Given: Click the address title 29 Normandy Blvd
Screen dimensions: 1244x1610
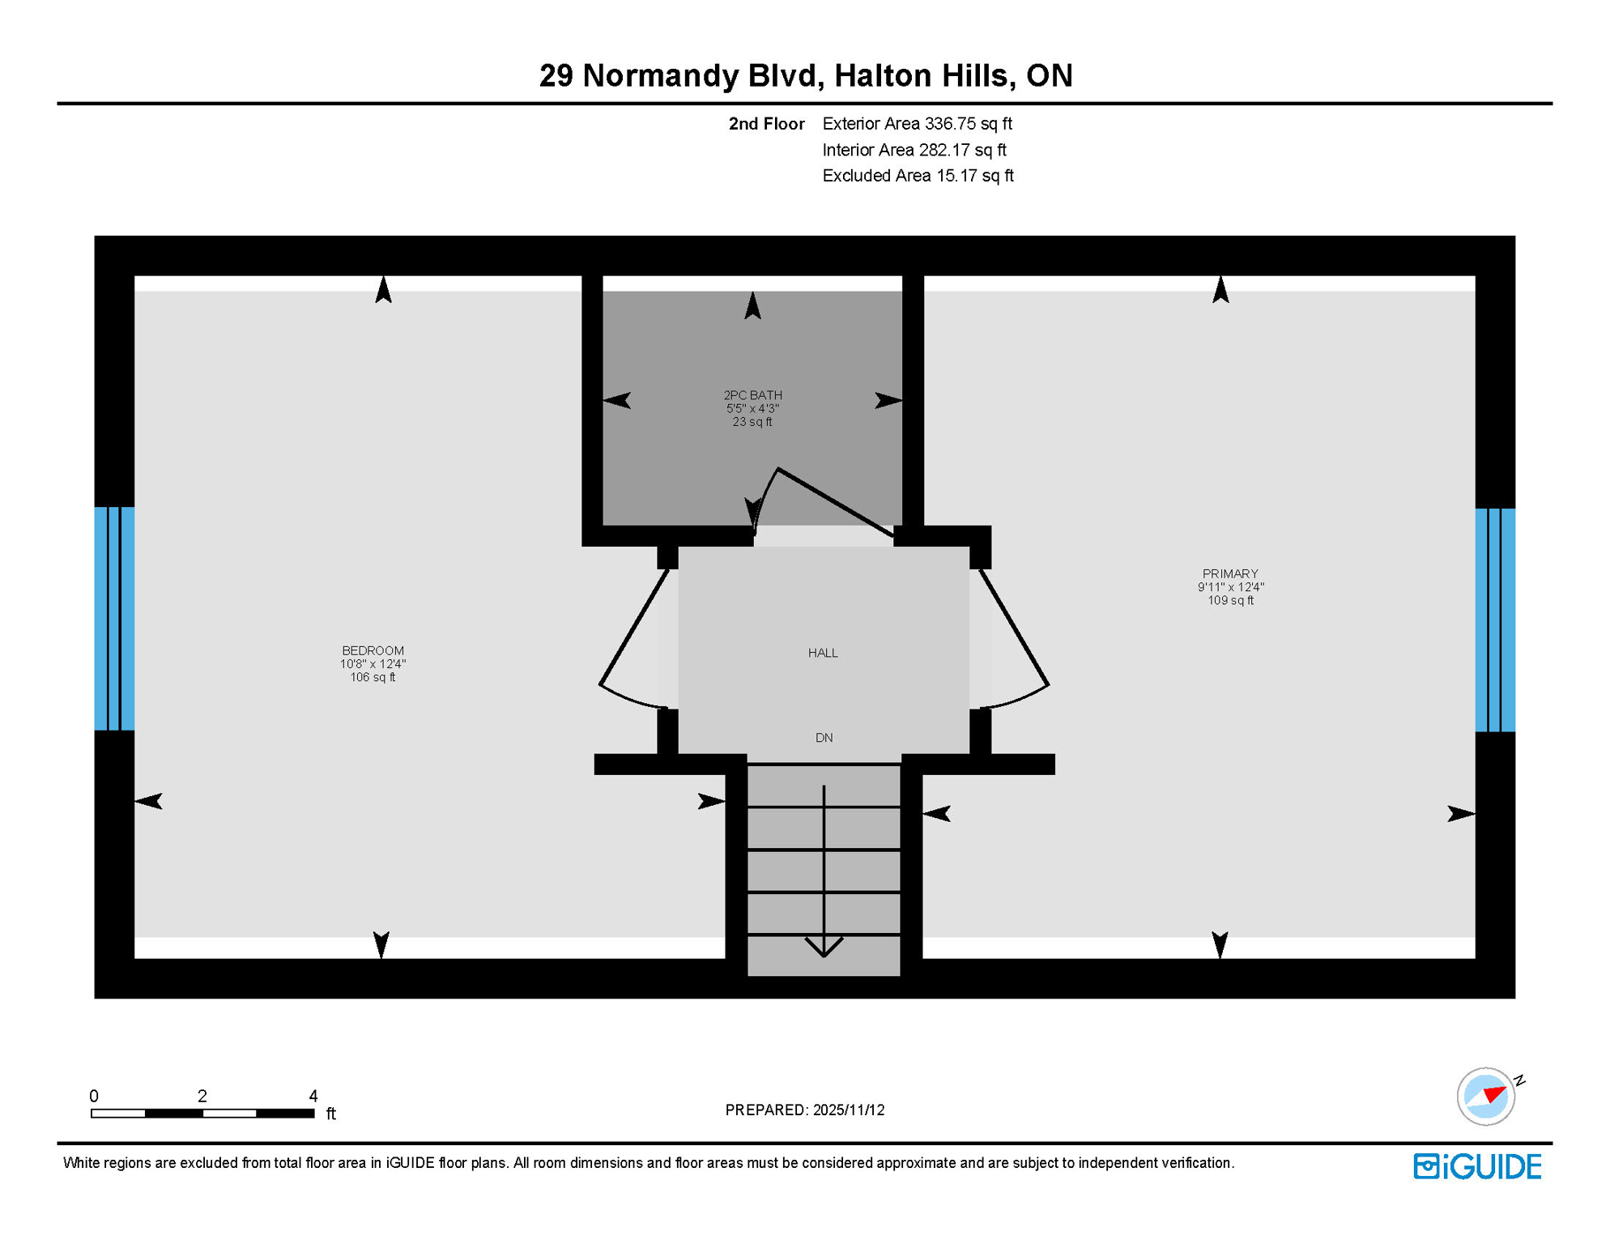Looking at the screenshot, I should coord(805,75).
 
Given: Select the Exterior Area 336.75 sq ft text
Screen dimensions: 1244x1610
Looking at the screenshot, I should coord(917,124).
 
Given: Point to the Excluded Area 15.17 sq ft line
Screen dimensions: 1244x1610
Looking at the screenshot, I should coord(918,176).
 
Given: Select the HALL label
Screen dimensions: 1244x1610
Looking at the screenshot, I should coord(823,653).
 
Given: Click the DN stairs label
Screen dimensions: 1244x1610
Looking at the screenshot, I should coord(824,738).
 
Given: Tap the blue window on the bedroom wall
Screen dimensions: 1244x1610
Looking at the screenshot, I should coord(114,619).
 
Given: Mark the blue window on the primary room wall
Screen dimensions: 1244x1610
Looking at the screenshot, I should coord(1495,620).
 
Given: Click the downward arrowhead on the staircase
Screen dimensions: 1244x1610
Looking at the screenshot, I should coord(824,947).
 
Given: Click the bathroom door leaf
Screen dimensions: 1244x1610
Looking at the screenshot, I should coord(834,501).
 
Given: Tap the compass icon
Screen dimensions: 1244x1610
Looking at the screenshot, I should coord(1486,1097).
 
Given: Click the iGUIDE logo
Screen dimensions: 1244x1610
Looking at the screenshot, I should coord(1477,1166).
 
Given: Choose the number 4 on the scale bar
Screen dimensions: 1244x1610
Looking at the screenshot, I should coord(313,1096).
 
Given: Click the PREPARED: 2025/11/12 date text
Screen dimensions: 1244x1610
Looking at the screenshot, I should coord(804,1110).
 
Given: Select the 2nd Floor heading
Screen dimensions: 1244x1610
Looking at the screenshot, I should coord(766,124).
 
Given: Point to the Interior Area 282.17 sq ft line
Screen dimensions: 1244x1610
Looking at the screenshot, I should coord(914,150).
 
